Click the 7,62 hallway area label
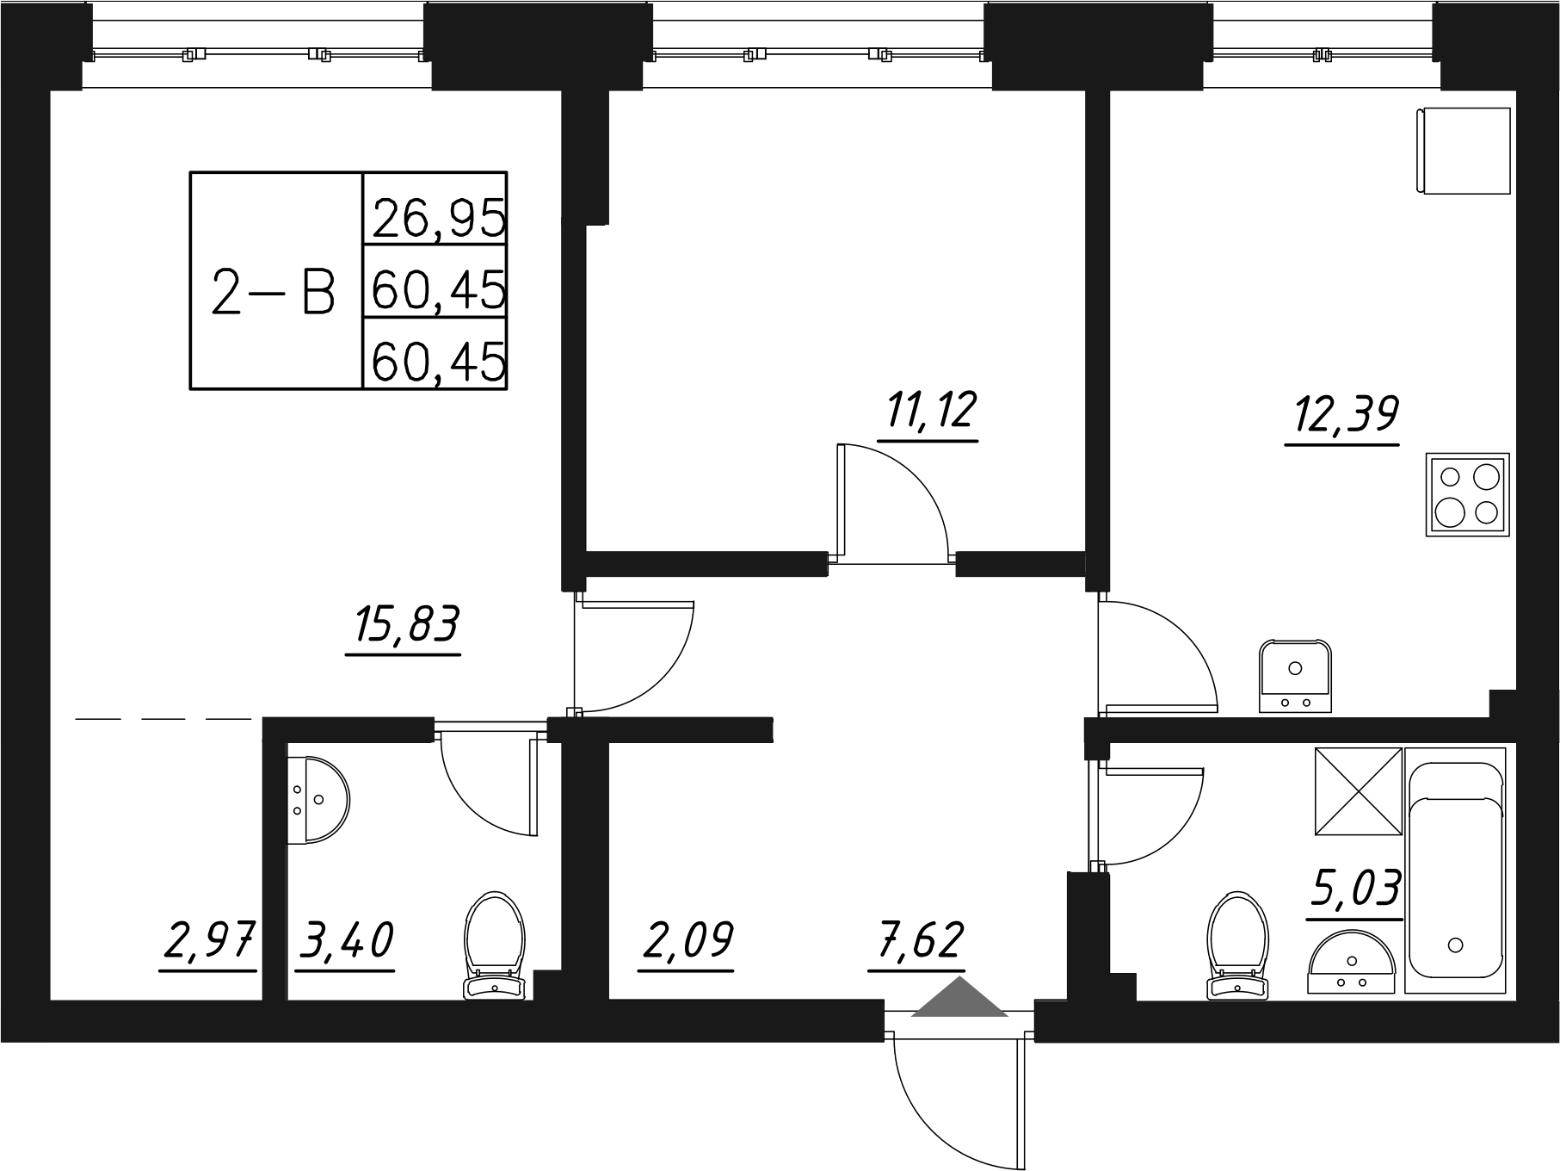click(916, 942)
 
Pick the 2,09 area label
click(686, 942)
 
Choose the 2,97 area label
click(209, 942)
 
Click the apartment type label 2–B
click(273, 293)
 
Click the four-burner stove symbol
click(1467, 494)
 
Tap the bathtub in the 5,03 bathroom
click(1455, 871)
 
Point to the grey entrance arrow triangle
click(959, 999)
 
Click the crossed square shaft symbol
click(1358, 790)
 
